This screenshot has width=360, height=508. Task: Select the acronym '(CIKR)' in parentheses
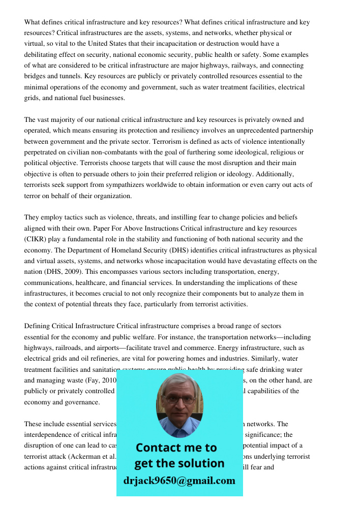[37, 239]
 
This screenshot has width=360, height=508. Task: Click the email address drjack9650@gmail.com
[179, 481]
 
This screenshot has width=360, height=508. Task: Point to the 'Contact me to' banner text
[176, 448]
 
